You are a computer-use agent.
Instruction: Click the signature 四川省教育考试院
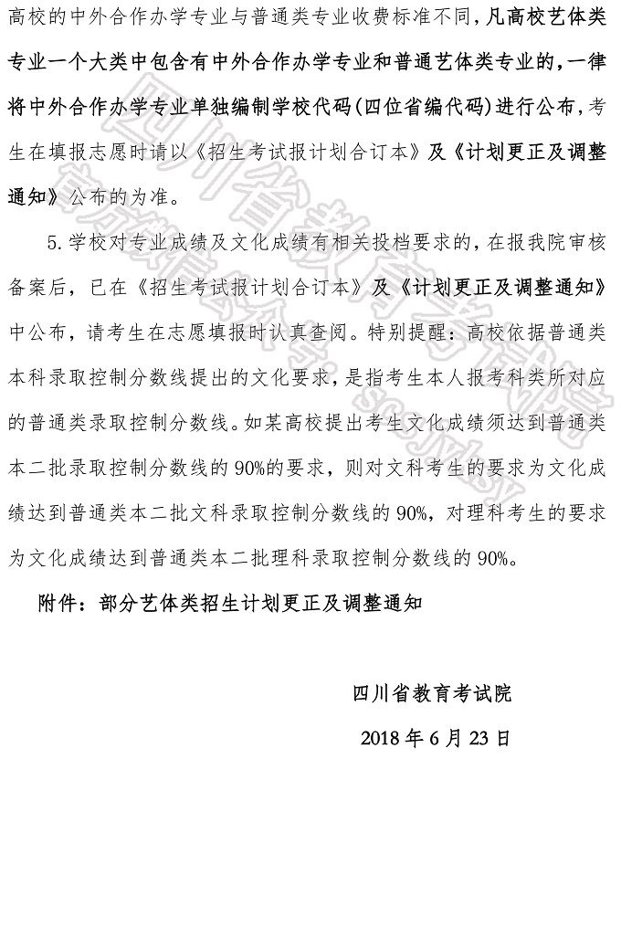coord(432,693)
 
